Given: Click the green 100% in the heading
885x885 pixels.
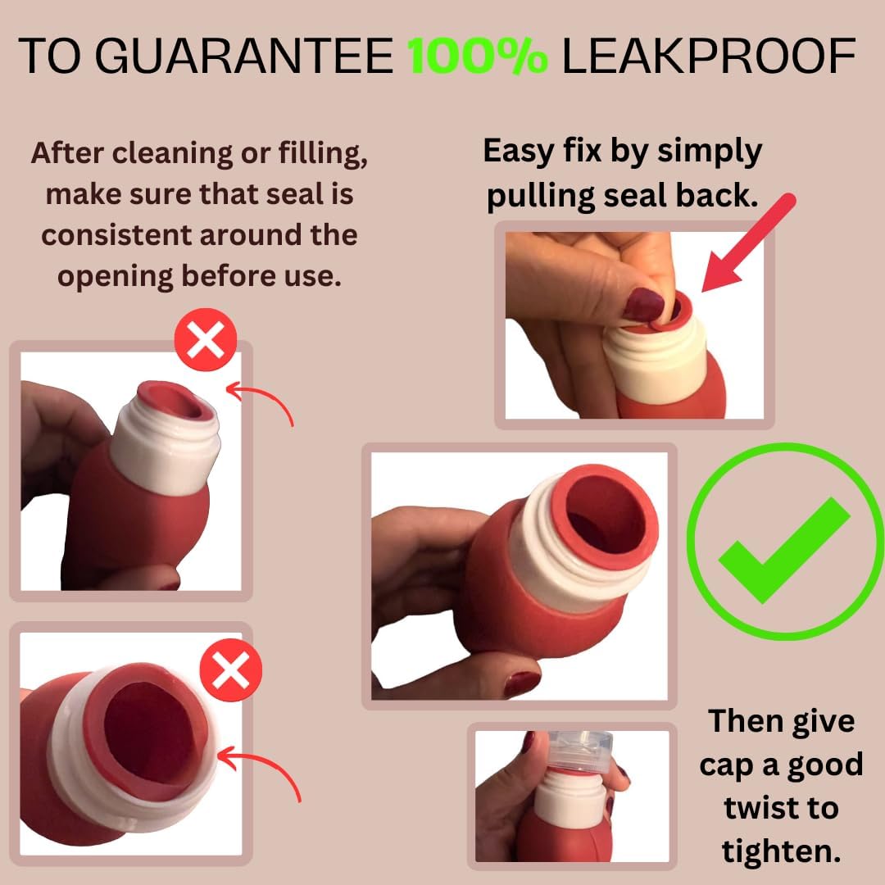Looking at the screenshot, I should [479, 56].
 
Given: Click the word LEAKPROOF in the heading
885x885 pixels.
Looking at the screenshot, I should [710, 56].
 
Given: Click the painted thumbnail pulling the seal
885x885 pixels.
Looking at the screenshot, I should [643, 305].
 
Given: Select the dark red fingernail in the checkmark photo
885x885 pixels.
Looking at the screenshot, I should [521, 683].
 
